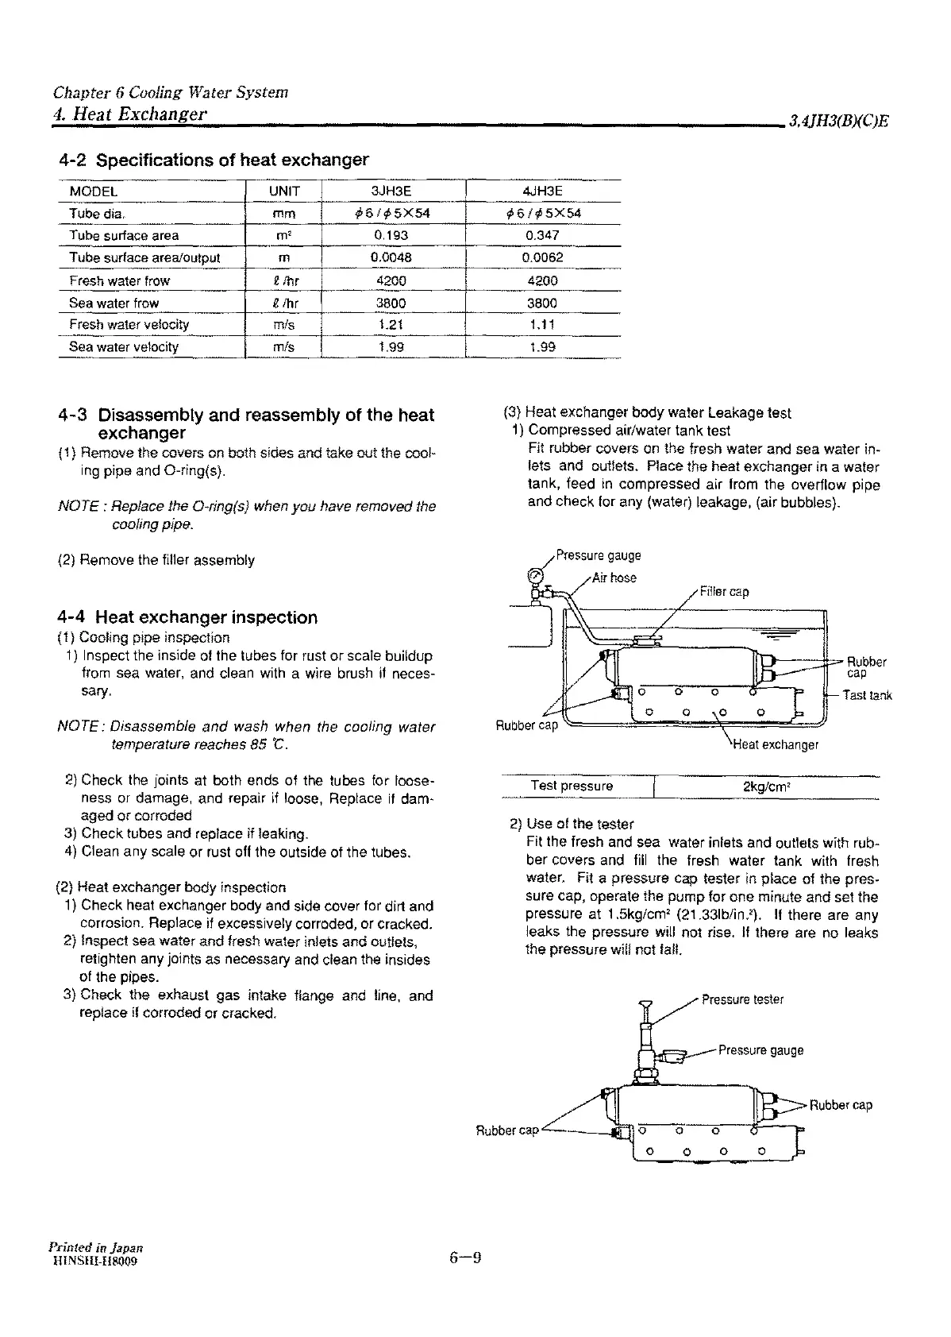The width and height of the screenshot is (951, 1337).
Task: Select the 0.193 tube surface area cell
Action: pos(391,235)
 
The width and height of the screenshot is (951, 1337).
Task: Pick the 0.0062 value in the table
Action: pos(543,257)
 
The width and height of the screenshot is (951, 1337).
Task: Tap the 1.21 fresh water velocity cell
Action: pos(391,324)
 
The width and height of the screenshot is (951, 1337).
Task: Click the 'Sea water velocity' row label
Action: pos(124,346)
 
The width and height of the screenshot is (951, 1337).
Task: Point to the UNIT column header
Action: pos(284,191)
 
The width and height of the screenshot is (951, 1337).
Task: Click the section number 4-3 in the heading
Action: pos(73,415)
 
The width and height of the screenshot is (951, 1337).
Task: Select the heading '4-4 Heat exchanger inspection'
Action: pos(187,617)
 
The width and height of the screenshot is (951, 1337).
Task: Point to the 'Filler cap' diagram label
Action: pos(724,591)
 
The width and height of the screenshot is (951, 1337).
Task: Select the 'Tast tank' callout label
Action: pos(867,695)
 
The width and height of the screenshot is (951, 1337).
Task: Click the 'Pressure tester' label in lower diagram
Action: pos(742,999)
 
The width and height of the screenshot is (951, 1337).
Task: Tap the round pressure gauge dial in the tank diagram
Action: pos(536,575)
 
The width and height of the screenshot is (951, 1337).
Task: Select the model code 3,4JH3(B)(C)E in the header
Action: pos(838,122)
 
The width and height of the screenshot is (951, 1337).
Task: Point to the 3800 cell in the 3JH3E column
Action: pos(391,303)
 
